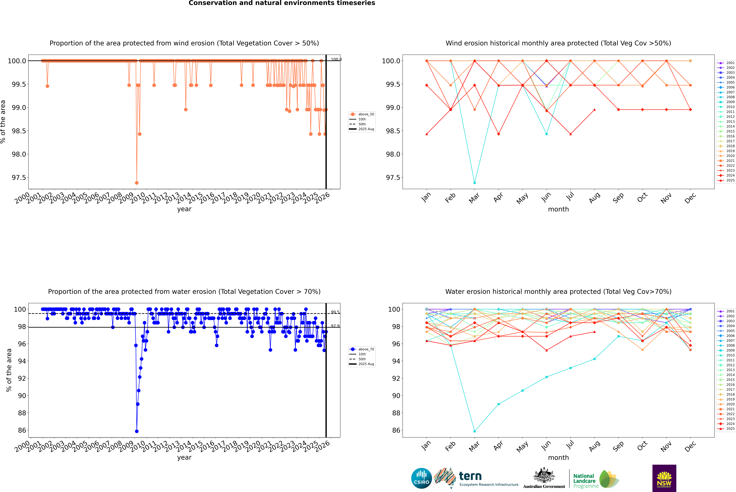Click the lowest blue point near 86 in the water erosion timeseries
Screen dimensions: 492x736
pyautogui.click(x=137, y=431)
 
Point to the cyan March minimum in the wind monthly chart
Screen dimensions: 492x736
pyautogui.click(x=475, y=183)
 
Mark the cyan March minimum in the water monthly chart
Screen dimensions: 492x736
pyautogui.click(x=475, y=431)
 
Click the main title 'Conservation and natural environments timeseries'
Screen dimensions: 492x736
pyautogui.click(x=282, y=3)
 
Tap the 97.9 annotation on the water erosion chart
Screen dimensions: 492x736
pyautogui.click(x=335, y=326)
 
